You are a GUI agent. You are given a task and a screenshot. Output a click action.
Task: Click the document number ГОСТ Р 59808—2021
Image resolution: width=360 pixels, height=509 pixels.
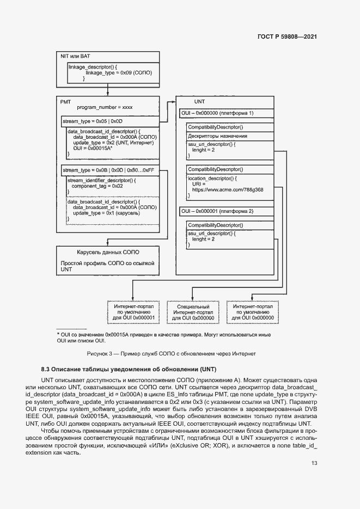pyautogui.click(x=286, y=37)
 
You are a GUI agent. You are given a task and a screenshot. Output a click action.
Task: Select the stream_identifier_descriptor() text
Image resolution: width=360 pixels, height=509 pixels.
pyautogui.click(x=101, y=180)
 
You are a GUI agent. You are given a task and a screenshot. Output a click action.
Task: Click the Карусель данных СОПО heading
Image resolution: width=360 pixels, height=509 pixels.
pyautogui.click(x=108, y=252)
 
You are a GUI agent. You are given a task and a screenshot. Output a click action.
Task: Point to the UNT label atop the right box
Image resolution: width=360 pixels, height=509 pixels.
pyautogui.click(x=199, y=102)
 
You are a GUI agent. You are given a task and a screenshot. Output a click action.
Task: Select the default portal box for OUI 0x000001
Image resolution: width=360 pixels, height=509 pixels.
pyautogui.click(x=134, y=312)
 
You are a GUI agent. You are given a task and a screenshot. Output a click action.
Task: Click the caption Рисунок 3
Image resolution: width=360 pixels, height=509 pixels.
pyautogui.click(x=171, y=353)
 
